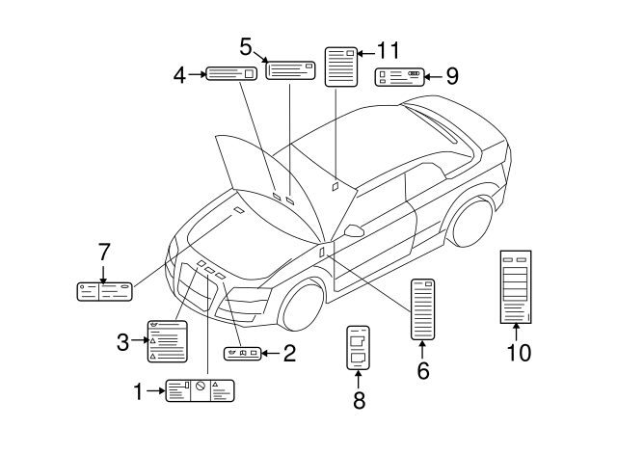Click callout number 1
(x=137, y=390)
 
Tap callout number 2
(x=288, y=354)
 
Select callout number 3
(x=122, y=341)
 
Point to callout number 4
(x=180, y=73)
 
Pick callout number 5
(x=246, y=46)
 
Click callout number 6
(x=422, y=369)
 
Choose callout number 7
(x=103, y=253)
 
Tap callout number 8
(x=359, y=400)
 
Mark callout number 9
(x=451, y=75)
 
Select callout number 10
(x=519, y=352)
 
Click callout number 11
(x=388, y=50)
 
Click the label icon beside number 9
(x=399, y=77)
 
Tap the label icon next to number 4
(x=231, y=73)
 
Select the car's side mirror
(x=353, y=230)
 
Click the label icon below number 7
(x=103, y=289)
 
